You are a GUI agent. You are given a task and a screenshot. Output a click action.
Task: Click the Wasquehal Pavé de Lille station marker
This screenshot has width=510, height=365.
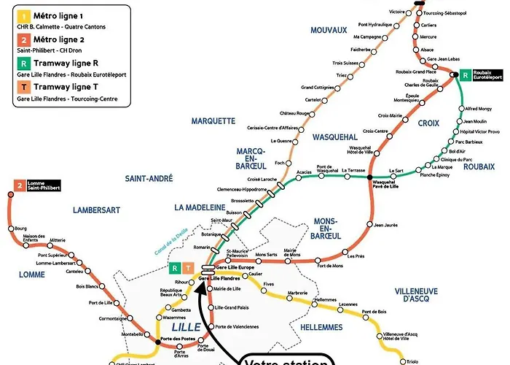[370, 177]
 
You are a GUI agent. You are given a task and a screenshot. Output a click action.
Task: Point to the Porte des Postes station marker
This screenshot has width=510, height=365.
[158, 341]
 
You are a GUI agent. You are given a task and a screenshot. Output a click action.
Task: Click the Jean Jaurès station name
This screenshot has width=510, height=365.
[386, 225]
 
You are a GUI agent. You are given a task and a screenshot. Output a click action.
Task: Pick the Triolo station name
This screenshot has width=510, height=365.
[413, 361]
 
